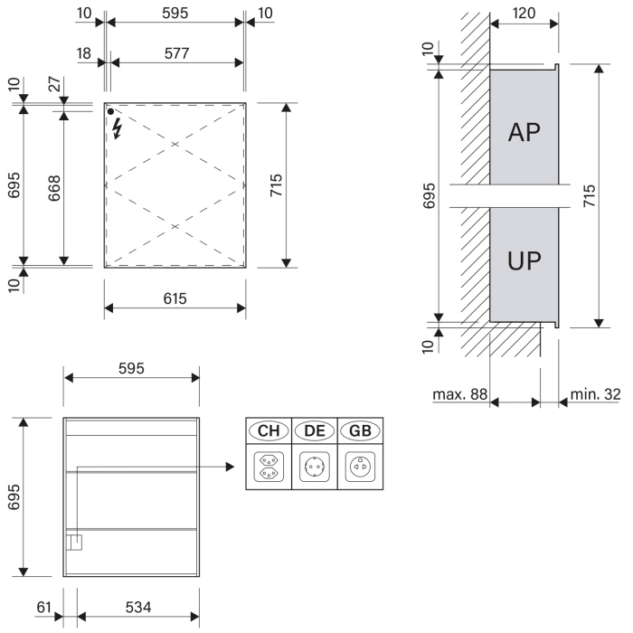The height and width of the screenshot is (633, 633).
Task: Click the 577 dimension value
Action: [177, 53]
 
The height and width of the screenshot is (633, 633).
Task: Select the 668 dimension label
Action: [55, 188]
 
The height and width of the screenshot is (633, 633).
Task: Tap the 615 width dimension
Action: [175, 298]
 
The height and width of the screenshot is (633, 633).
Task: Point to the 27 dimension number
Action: [53, 86]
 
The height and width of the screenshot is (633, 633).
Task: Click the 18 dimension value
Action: [85, 53]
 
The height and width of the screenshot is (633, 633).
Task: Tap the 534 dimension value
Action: [137, 607]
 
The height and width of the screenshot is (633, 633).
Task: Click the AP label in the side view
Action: [524, 132]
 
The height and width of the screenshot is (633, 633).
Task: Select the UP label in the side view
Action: [524, 262]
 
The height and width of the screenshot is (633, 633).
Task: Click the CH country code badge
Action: [269, 431]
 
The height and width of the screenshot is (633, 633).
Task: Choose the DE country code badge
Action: [315, 431]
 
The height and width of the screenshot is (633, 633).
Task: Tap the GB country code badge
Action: [360, 431]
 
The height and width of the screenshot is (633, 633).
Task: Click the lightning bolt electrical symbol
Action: [116, 128]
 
